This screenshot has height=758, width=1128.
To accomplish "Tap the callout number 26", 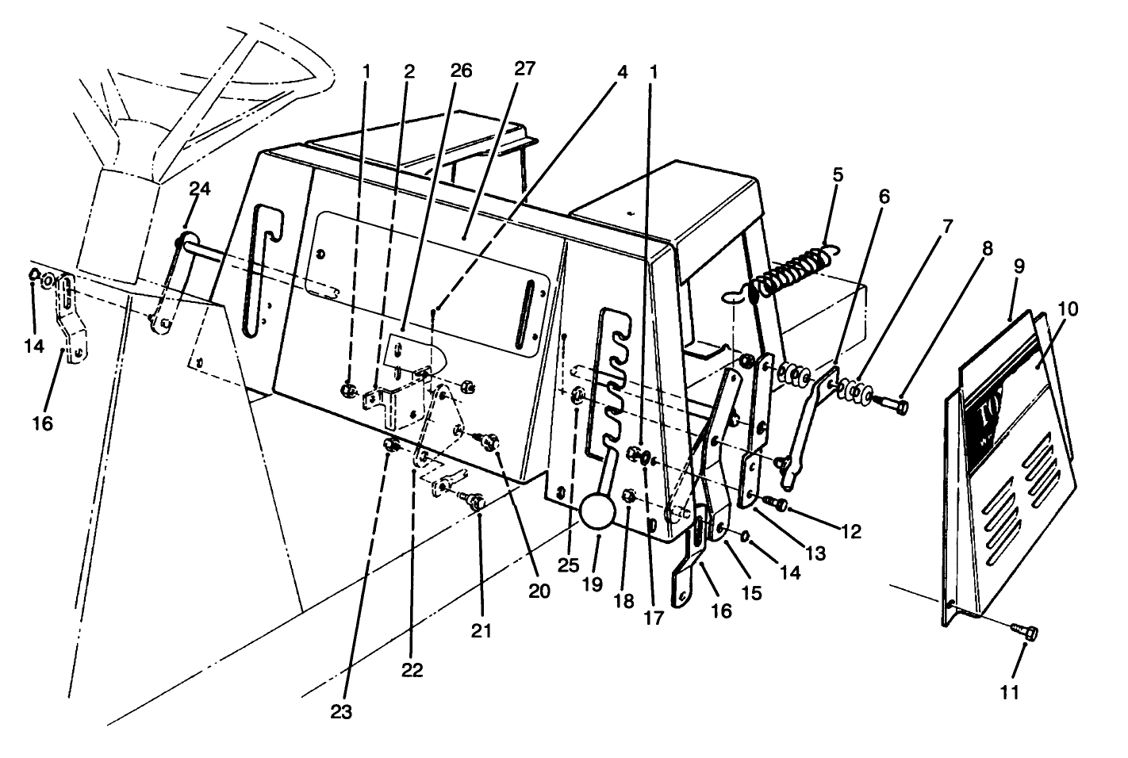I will pos(460,71).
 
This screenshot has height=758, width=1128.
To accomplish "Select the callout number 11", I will pos(1008,693).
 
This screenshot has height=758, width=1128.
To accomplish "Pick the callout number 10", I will pos(1067,308).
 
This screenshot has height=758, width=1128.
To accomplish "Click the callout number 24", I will pos(201,189).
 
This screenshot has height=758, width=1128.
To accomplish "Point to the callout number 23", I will pos(341,712).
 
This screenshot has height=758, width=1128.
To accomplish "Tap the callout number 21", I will pos(482,632).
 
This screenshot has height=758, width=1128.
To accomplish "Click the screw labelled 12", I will pos(777,504).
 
